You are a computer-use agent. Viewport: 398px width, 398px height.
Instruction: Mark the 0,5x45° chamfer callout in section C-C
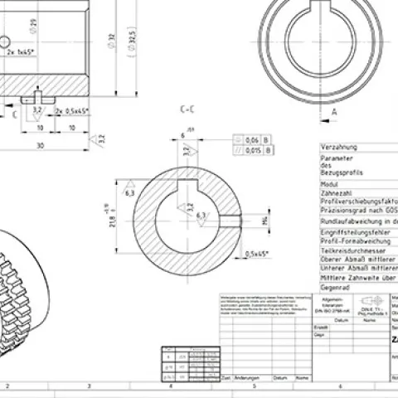pos(258,254)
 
